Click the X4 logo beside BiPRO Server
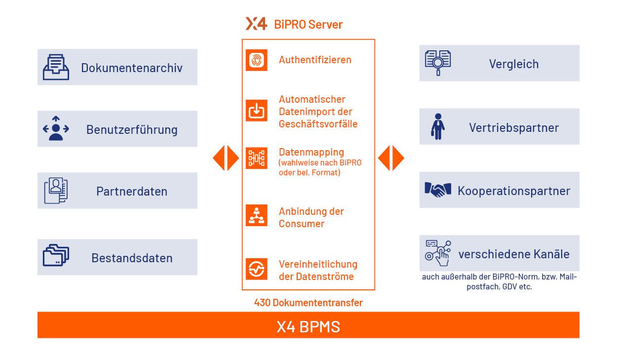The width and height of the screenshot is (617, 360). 256,24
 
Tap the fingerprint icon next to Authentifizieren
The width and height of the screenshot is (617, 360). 257,60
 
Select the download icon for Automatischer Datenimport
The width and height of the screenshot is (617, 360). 257,111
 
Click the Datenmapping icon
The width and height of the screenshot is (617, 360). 257,158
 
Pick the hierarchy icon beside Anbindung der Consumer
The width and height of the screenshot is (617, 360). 257,215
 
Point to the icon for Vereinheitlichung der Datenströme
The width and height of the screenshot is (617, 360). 257,269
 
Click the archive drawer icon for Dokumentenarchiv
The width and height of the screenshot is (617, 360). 56,67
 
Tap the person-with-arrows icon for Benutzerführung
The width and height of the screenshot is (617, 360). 56,129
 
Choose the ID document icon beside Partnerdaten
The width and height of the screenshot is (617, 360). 56,191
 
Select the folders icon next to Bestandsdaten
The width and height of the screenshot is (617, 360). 56,256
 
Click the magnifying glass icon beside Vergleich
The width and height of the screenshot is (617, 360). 438,63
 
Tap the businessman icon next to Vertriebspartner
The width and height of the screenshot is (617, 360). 437,127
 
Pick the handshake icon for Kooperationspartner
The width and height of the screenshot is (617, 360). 438,190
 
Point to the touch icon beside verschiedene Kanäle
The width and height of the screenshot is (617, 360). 438,253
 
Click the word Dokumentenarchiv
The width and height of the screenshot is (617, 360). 132,68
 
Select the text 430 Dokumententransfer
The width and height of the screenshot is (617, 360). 308,303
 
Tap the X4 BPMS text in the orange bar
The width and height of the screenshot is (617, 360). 308,326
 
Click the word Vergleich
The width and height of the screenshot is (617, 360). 514,64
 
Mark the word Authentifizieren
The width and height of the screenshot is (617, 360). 315,60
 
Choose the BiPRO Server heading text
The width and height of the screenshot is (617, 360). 308,24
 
